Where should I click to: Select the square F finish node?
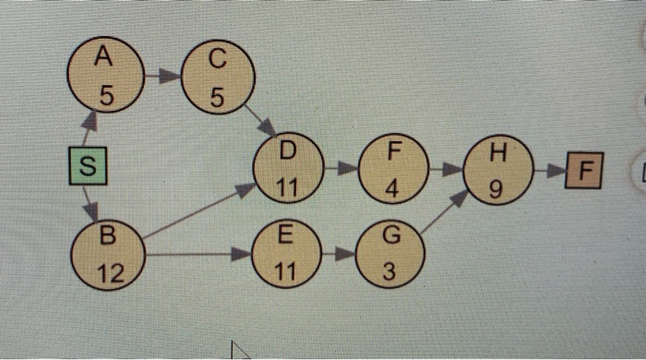tap(584, 172)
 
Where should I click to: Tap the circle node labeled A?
tap(104, 76)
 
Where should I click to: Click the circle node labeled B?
tap(107, 254)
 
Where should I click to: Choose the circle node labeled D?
tap(288, 168)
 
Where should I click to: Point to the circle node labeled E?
tap(287, 254)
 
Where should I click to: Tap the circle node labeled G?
tap(391, 254)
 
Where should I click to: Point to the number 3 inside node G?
tap(391, 274)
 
